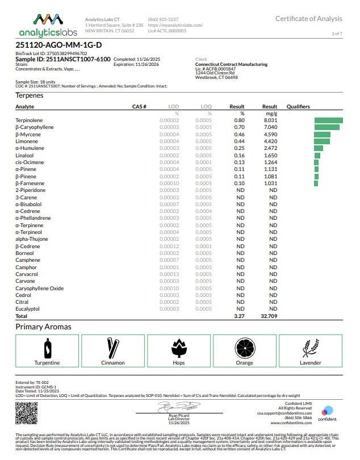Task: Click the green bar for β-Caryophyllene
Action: pyautogui.click(x=326, y=127)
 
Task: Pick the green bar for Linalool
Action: pyautogui.click(x=317, y=155)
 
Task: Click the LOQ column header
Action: pyautogui.click(x=206, y=107)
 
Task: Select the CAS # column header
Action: pyautogui.click(x=139, y=107)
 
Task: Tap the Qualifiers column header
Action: pyautogui.click(x=298, y=107)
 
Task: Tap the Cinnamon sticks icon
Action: pyautogui.click(x=112, y=347)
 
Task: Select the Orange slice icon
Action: pyautogui.click(x=245, y=347)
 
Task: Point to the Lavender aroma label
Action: pyautogui.click(x=310, y=362)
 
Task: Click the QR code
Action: pyautogui.click(x=27, y=413)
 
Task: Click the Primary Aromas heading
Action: pyautogui.click(x=43, y=327)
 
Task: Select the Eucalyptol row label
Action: pyautogui.click(x=27, y=309)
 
